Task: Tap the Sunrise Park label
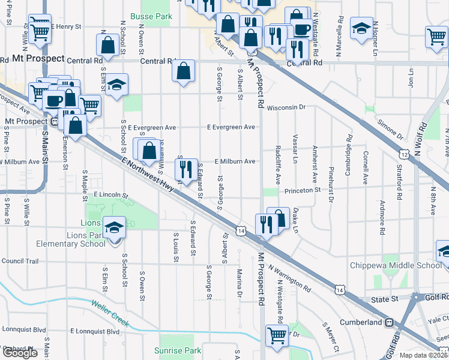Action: (x=177, y=350)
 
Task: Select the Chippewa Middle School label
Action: (x=396, y=266)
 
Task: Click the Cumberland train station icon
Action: (x=389, y=322)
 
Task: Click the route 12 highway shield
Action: (x=406, y=155)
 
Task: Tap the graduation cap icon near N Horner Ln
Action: (x=361, y=28)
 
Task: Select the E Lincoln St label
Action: (x=111, y=196)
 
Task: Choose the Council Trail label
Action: (x=20, y=261)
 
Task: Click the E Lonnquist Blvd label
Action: (x=95, y=331)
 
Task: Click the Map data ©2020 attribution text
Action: (x=424, y=355)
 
